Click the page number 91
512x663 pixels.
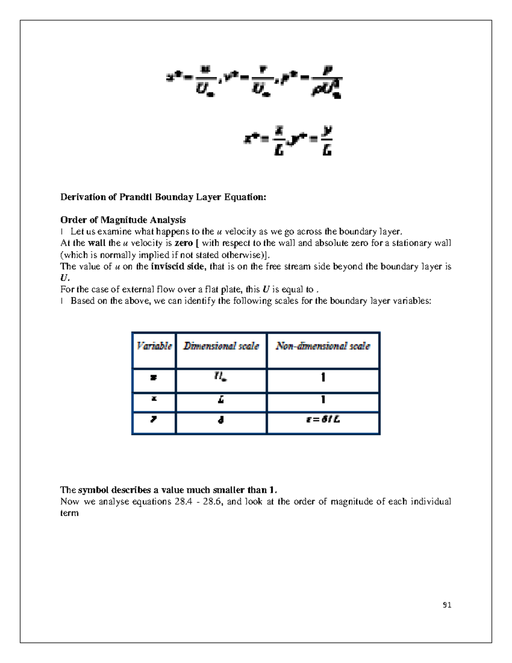point(447,605)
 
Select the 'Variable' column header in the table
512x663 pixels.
point(154,346)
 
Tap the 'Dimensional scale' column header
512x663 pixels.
point(221,346)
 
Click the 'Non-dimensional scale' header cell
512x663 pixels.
point(323,346)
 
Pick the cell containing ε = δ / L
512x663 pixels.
point(323,420)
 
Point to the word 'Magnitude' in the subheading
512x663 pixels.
point(123,220)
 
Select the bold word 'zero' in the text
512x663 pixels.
point(184,243)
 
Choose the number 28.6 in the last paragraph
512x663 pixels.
point(212,501)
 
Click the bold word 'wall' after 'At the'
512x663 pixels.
point(96,243)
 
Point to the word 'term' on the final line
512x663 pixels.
point(69,513)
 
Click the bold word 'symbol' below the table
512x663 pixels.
point(93,490)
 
